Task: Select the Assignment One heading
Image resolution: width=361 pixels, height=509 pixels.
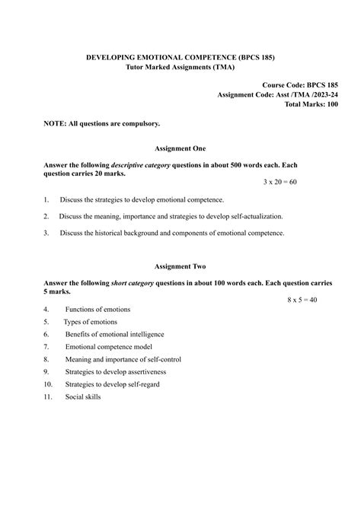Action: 180,148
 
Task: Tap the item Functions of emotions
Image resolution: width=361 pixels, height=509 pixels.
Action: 97,310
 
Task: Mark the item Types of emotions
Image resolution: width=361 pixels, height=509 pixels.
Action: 94,322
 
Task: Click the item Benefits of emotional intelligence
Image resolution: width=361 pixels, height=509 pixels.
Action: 114,334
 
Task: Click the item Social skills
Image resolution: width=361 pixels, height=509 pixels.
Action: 83,396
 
